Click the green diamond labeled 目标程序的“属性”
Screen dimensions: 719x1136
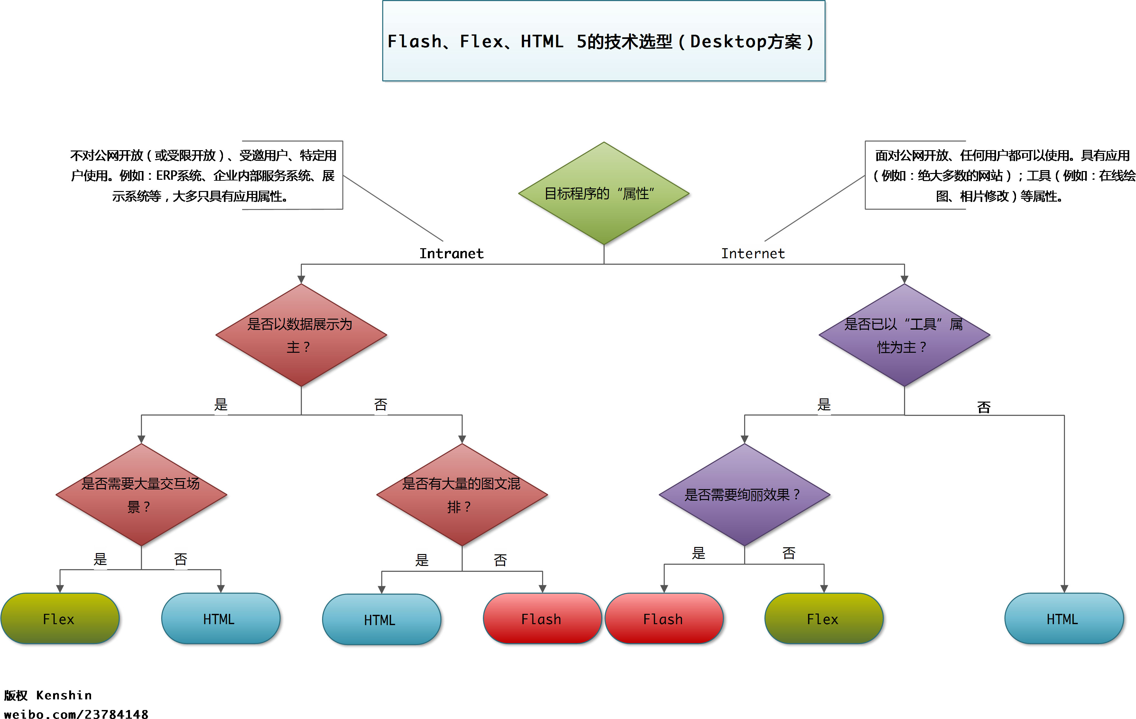tap(603, 193)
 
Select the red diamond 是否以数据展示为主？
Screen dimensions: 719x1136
tap(301, 335)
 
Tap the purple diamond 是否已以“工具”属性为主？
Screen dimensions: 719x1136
tap(904, 335)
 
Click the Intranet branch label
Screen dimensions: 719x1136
tap(451, 254)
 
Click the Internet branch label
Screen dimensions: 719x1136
tap(753, 254)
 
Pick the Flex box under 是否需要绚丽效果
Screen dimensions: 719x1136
tap(823, 619)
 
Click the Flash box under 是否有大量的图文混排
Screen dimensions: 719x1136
tap(541, 619)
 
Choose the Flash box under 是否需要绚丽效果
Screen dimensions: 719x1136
tap(664, 619)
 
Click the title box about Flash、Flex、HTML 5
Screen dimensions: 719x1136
tap(603, 41)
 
